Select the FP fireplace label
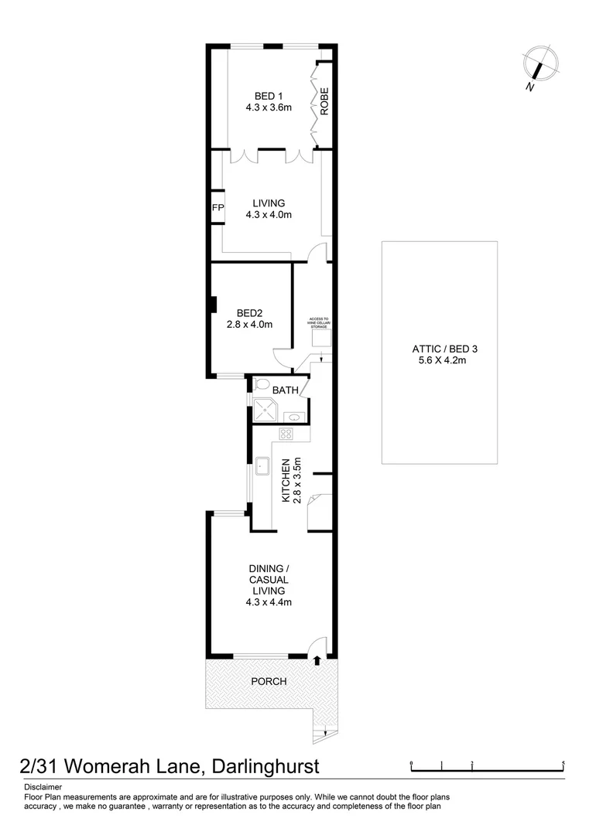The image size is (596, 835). [x=218, y=207]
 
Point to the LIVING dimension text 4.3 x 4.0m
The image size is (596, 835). [x=269, y=215]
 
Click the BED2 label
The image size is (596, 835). [x=249, y=312]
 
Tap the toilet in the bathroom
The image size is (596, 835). [x=261, y=384]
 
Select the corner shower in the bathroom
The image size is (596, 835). [x=263, y=409]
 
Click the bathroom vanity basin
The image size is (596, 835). [x=298, y=417]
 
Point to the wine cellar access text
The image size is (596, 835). [x=320, y=323]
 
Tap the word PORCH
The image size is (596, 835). [x=269, y=681]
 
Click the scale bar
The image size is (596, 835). [x=488, y=767]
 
